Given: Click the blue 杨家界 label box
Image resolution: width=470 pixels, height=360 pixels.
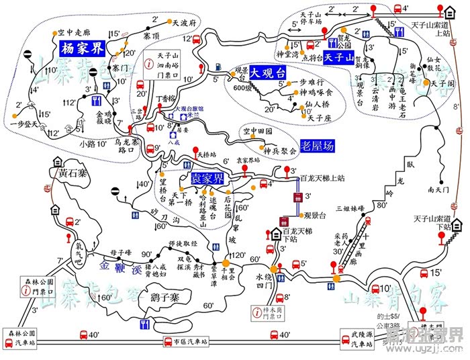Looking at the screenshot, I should point(81,50).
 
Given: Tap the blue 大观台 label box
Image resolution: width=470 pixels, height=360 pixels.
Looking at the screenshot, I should point(267,72).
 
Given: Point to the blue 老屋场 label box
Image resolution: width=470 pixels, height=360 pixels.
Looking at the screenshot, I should point(319,144).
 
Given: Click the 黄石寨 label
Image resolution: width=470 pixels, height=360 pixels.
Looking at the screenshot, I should point(73,173).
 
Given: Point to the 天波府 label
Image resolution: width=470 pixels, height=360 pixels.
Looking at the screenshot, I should point(183,22).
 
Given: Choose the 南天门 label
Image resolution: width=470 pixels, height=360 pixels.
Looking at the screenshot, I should point(438,189).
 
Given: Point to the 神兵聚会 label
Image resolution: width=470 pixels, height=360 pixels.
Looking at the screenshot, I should point(280,151).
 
